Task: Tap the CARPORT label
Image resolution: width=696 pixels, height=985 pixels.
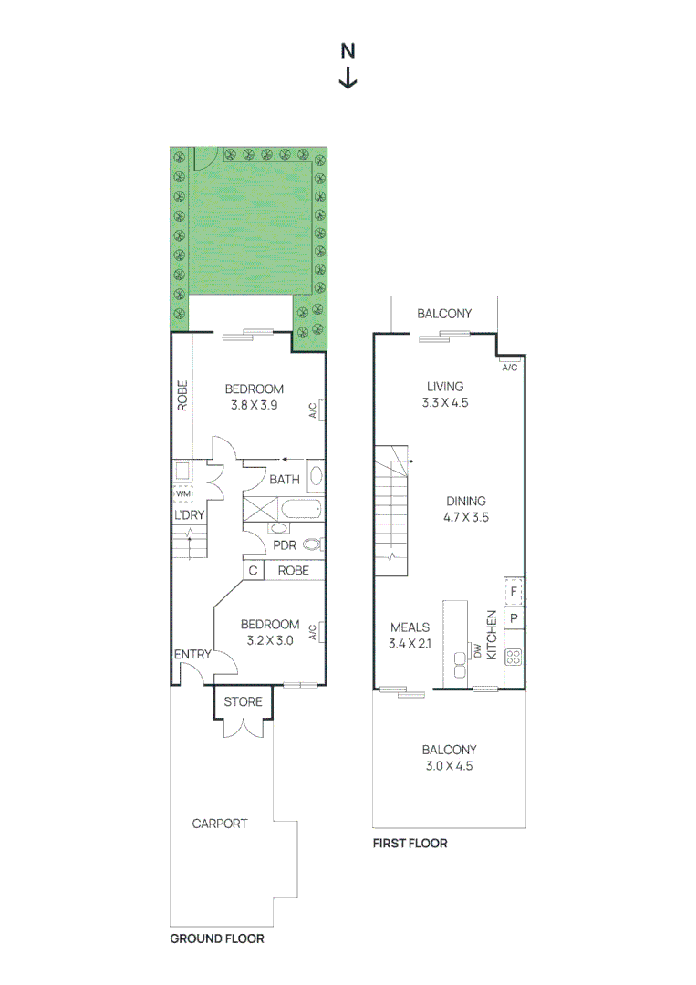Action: [219, 824]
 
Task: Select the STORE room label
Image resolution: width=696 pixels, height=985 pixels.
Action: [243, 701]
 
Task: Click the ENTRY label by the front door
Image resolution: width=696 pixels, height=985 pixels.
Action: [192, 654]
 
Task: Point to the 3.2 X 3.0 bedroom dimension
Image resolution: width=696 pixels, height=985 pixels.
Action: [269, 640]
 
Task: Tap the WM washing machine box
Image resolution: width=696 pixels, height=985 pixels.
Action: [182, 493]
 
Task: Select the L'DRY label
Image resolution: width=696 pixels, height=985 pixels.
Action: [189, 514]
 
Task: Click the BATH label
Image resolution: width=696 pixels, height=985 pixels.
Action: [284, 479]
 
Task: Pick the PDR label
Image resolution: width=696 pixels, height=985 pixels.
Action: [285, 545]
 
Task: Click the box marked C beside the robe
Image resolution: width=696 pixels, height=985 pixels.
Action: [253, 571]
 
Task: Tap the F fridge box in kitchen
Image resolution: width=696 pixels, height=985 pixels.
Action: [514, 591]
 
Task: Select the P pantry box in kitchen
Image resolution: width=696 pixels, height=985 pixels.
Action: [514, 619]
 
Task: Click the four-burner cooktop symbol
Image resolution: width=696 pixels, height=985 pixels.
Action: [514, 656]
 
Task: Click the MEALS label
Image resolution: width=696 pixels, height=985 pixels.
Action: [410, 627]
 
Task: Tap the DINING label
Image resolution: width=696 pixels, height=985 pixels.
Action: [465, 501]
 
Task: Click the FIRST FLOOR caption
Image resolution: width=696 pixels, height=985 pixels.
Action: [410, 844]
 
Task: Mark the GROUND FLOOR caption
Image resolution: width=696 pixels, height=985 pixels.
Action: [217, 938]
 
